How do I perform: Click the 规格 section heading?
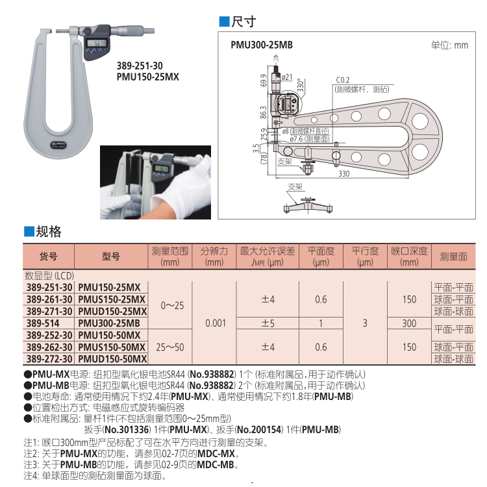tap(48, 231)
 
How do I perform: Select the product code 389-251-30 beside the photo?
tap(139, 66)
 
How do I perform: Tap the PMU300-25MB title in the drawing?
tap(262, 45)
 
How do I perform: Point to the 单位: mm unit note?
tap(449, 45)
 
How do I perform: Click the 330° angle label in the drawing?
tap(300, 85)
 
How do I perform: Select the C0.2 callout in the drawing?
tap(343, 80)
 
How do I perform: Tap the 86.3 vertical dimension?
tap(264, 111)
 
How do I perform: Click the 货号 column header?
tap(49, 256)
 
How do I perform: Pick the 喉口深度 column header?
tap(409, 256)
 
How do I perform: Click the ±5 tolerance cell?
tap(268, 323)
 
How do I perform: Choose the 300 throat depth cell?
tap(409, 323)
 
